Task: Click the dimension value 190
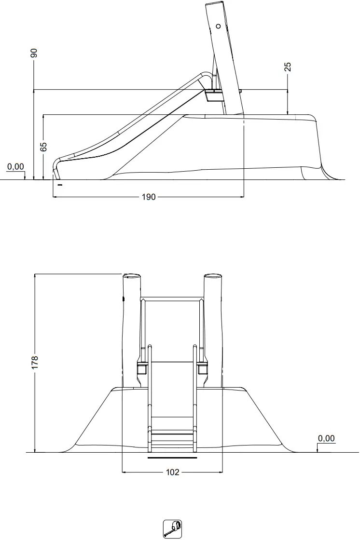click(149, 197)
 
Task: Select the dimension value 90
click(34, 53)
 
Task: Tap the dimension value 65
click(43, 147)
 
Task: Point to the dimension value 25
click(288, 67)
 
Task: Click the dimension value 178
click(34, 363)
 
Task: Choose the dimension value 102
click(172, 472)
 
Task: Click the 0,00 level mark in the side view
click(15, 167)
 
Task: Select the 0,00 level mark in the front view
click(326, 438)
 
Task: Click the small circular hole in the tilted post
click(218, 26)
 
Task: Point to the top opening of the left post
click(131, 276)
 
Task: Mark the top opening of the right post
click(212, 276)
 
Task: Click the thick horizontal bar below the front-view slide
click(172, 458)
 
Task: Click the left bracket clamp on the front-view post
click(142, 369)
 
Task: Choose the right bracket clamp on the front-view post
click(202, 369)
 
